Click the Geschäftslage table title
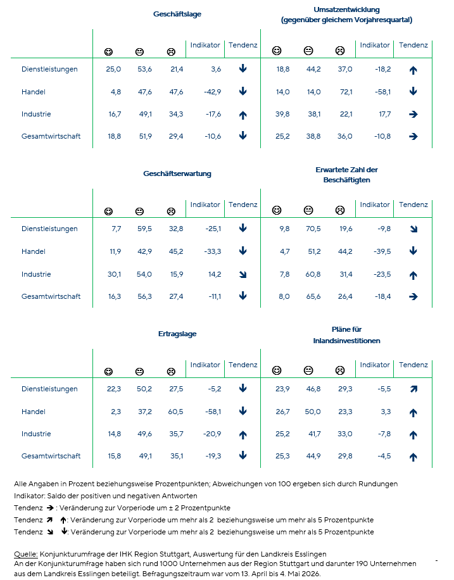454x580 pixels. click(177, 14)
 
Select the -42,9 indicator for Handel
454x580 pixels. click(212, 92)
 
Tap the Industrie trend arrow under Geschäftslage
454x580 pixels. click(243, 115)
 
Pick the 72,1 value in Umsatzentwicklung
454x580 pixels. click(346, 92)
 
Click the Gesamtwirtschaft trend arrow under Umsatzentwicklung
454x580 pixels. click(413, 137)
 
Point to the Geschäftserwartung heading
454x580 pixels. click(177, 173)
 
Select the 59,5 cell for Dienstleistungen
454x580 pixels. click(144, 229)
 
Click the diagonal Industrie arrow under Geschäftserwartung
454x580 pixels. click(243, 274)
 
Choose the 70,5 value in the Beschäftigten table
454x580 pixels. click(313, 229)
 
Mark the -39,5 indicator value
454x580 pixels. click(382, 251)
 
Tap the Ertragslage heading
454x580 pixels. click(177, 334)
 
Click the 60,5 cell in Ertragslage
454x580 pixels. click(175, 412)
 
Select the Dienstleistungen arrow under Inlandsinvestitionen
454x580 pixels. click(413, 389)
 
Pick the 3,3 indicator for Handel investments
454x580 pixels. click(386, 412)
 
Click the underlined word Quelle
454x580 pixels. click(26, 554)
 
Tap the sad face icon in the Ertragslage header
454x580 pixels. click(171, 372)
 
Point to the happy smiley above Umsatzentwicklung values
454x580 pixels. click(277, 50)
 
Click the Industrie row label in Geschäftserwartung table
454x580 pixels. click(36, 274)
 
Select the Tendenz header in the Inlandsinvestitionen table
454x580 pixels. click(413, 365)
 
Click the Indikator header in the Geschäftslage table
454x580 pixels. click(205, 45)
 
